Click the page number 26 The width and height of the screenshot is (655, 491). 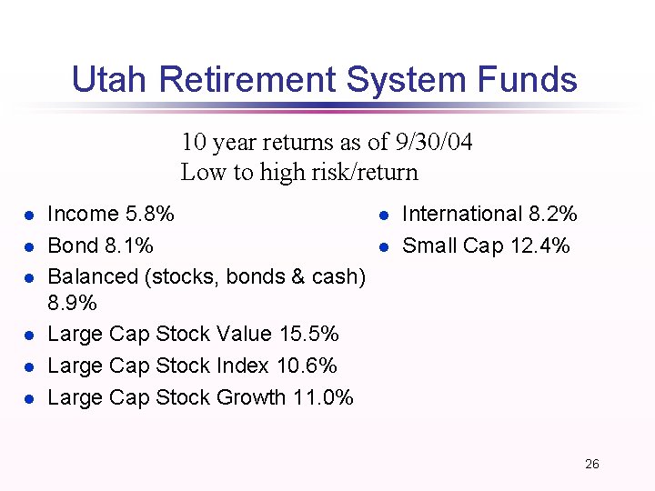(x=592, y=465)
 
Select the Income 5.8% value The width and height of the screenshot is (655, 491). (x=151, y=215)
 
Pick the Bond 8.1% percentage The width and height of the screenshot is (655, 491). (x=131, y=245)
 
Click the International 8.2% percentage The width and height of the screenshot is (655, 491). (x=554, y=215)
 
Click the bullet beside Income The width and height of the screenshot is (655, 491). (x=29, y=215)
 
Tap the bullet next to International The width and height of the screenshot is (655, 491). (x=384, y=215)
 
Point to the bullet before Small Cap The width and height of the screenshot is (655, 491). (x=384, y=246)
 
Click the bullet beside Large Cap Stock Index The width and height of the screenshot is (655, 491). (x=29, y=366)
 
